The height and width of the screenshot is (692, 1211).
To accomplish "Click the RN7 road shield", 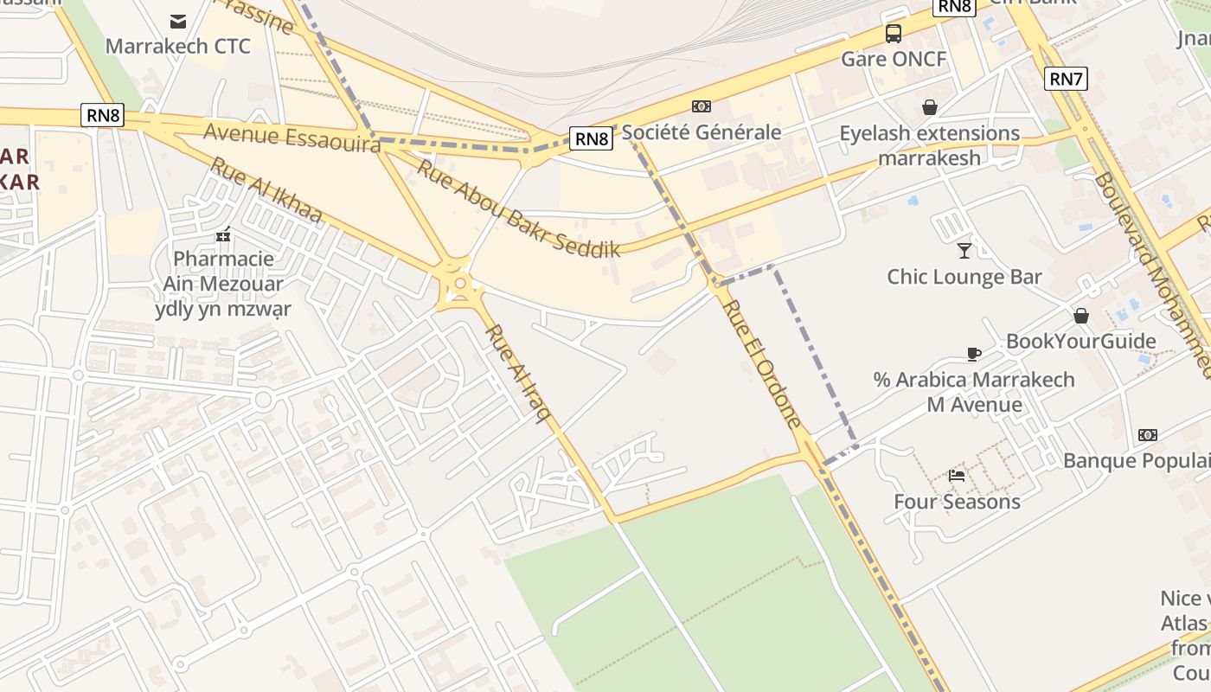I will (1066, 79).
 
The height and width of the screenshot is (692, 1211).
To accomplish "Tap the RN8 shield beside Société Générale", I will (592, 138).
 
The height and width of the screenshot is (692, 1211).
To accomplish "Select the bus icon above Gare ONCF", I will (894, 34).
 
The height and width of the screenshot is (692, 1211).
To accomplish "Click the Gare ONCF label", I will (894, 59).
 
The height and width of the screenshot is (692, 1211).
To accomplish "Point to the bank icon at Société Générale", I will (702, 106).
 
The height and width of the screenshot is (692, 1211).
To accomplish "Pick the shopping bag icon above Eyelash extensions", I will (930, 107).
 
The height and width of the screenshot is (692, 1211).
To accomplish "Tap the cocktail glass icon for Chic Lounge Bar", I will (964, 251).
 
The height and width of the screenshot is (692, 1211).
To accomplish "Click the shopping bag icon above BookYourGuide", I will (1080, 316).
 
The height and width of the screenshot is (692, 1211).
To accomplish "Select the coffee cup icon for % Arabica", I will (974, 354).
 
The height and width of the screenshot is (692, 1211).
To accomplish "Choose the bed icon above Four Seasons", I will (957, 476).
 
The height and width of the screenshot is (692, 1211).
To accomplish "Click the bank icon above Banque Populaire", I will (1148, 434).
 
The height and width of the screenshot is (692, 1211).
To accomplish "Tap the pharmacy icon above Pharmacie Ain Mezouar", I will (223, 234).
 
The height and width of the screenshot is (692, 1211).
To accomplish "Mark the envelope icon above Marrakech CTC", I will (178, 21).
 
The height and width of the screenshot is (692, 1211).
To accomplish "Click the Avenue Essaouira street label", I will (292, 138).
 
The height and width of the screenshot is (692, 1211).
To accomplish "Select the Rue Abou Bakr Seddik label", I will (518, 208).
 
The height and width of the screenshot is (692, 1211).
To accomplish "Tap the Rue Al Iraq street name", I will (518, 374).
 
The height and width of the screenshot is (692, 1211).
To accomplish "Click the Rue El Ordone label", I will (761, 363).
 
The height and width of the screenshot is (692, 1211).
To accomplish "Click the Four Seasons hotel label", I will (957, 502).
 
